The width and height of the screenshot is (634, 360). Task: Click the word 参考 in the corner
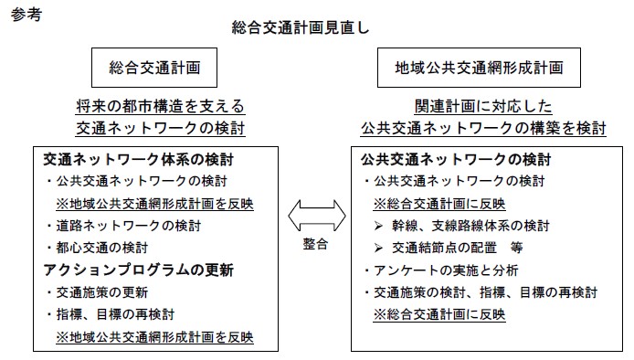26,16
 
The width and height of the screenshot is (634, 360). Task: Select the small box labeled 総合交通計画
154,68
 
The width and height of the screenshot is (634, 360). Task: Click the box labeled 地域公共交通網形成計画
480,68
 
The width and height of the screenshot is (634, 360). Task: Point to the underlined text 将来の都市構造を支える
160,106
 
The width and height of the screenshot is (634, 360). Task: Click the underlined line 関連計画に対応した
482,106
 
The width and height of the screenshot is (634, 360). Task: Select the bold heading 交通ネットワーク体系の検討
129,159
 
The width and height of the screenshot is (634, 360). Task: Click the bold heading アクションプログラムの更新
138,270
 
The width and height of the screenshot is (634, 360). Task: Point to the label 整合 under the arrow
316,247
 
